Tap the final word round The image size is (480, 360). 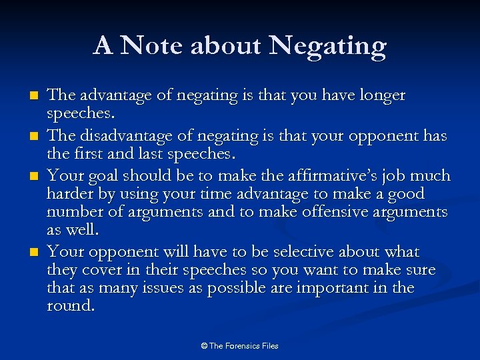(x=70, y=306)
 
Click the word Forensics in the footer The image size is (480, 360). (x=243, y=346)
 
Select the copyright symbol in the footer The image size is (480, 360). (x=204, y=346)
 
